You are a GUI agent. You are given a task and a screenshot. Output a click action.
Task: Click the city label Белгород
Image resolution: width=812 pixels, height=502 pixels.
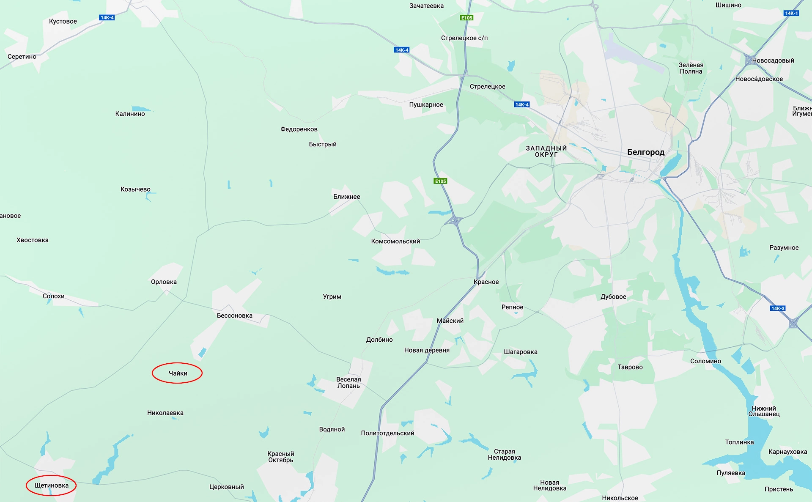pyautogui.click(x=645, y=152)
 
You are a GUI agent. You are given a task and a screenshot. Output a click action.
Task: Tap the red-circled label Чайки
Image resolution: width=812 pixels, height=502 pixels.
pyautogui.click(x=178, y=373)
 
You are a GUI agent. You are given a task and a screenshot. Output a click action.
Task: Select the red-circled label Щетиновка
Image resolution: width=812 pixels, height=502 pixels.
pyautogui.click(x=51, y=486)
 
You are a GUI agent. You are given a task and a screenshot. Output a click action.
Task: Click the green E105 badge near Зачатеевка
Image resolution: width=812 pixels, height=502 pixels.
pyautogui.click(x=466, y=18)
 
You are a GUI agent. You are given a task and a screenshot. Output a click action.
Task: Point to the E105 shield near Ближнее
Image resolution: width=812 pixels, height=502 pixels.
pyautogui.click(x=440, y=181)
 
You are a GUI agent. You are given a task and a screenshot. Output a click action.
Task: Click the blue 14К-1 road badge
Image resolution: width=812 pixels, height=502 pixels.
pyautogui.click(x=791, y=13)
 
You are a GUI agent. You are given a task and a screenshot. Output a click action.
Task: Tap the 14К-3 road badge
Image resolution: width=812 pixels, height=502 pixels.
pyautogui.click(x=777, y=308)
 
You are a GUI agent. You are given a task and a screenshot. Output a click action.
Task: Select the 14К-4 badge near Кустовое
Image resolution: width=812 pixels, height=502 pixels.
pyautogui.click(x=107, y=18)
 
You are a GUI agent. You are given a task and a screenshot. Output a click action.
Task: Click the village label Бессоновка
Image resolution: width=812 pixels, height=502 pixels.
pyautogui.click(x=234, y=315)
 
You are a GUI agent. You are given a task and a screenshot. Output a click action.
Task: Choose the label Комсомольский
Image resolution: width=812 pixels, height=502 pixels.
pyautogui.click(x=395, y=241)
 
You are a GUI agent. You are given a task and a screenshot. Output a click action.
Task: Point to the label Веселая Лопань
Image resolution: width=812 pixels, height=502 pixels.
pyautogui.click(x=348, y=382)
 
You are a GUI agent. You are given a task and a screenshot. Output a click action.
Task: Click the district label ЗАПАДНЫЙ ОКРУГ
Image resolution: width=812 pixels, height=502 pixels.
pyautogui.click(x=546, y=151)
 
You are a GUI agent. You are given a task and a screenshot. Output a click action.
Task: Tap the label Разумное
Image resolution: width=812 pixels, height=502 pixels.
pyautogui.click(x=784, y=247)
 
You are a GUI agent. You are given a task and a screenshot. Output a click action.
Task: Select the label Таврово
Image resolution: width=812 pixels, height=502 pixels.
pyautogui.click(x=630, y=367)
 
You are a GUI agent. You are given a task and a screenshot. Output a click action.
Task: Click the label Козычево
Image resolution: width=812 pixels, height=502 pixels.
pyautogui.click(x=135, y=189)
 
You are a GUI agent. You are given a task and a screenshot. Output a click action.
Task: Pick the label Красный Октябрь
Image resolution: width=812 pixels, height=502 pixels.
pyautogui.click(x=280, y=457)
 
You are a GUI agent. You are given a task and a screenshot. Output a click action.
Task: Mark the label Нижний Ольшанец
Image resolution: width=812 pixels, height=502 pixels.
pyautogui.click(x=764, y=411)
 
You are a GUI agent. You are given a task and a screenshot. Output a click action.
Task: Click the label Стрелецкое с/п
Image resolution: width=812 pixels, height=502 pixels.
pyautogui.click(x=464, y=38)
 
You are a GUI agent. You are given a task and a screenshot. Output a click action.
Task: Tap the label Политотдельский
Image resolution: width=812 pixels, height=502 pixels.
pyautogui.click(x=387, y=433)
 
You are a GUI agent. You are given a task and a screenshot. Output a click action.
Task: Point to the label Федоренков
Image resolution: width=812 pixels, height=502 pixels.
pyautogui.click(x=299, y=129)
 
